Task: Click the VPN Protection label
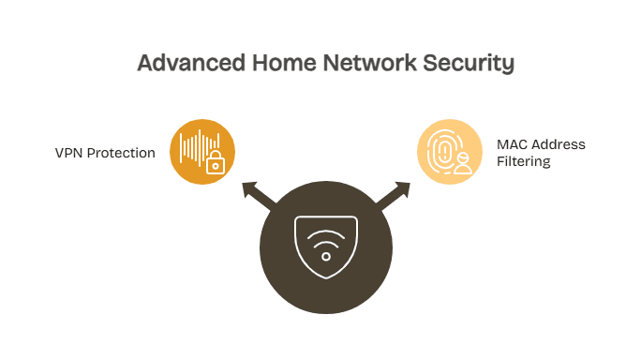point(105,153)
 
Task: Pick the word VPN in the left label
point(68,153)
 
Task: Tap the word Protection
point(121,153)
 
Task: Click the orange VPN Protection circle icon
point(202,151)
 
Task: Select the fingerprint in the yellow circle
point(442,149)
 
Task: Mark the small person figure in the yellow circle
point(462,164)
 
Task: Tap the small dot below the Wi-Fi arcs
point(325,256)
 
